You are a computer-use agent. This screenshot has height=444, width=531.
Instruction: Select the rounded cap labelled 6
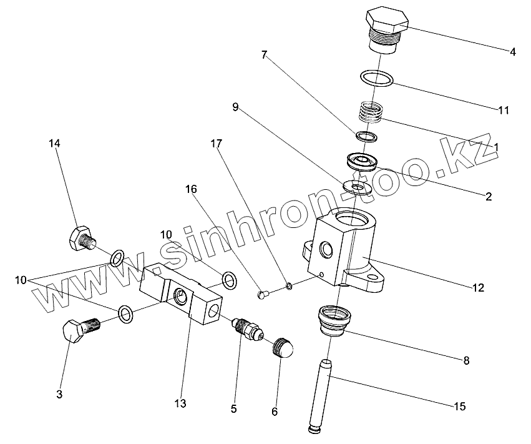[x=284, y=348]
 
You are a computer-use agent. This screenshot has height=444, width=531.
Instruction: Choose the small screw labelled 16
[x=263, y=290]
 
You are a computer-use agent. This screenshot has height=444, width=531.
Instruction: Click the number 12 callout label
[x=479, y=288]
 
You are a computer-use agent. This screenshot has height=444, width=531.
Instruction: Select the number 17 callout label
[x=215, y=144]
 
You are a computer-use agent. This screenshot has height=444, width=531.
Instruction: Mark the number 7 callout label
[x=265, y=56]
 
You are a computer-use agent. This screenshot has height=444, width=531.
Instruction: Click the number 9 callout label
[x=235, y=107]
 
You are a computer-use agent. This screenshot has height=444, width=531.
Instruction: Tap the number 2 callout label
[x=489, y=196]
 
